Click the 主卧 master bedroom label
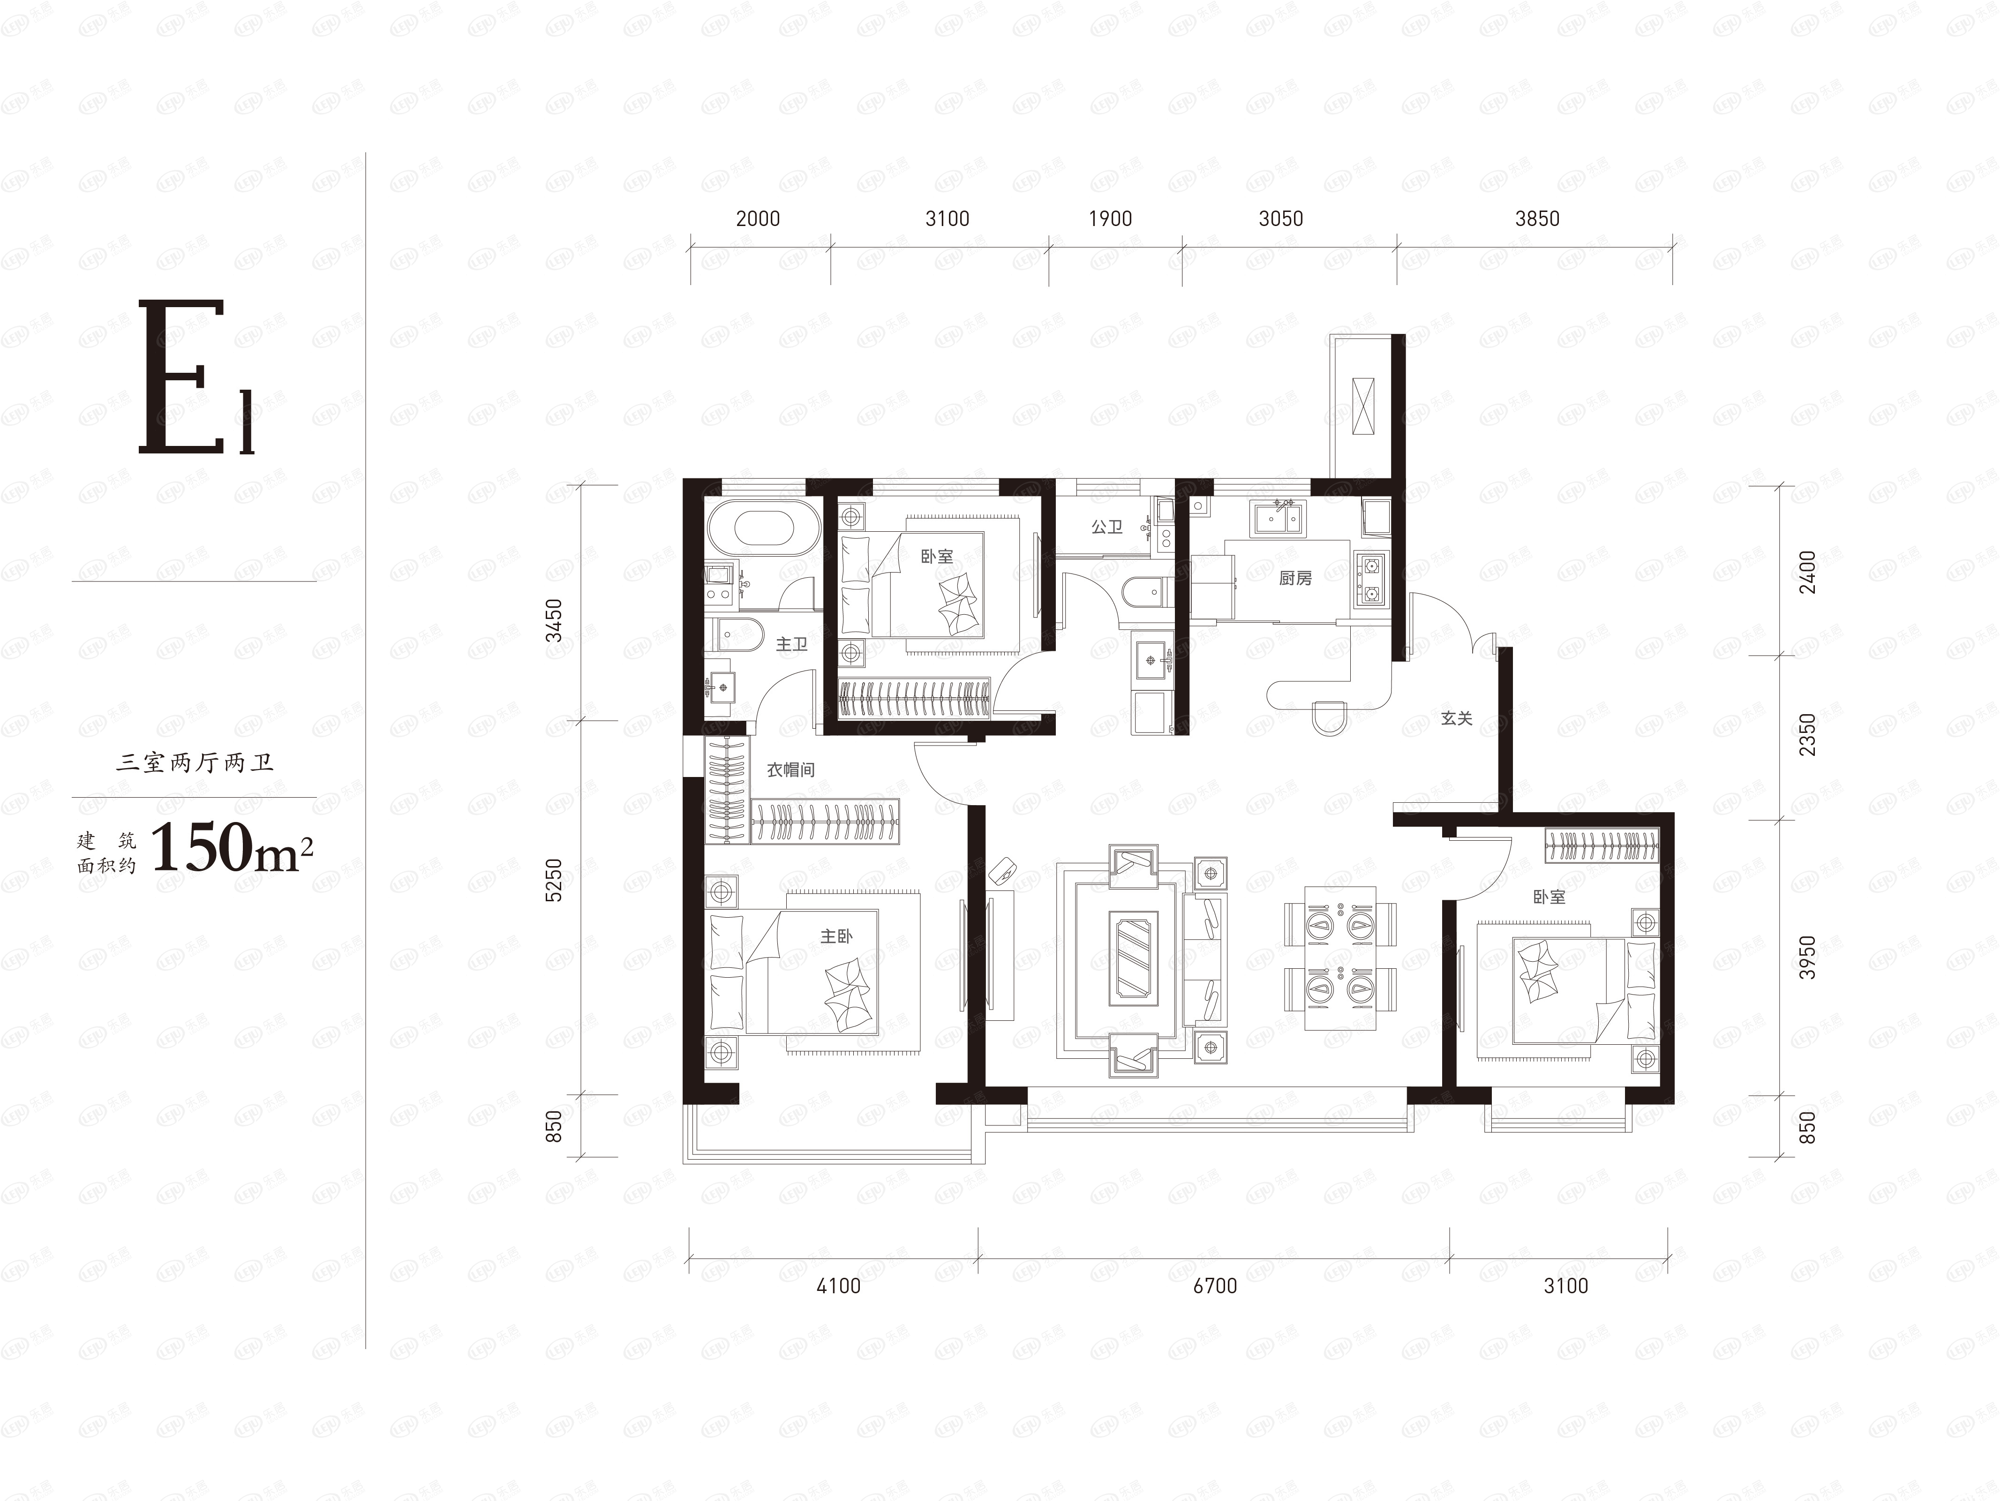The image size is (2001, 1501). [x=836, y=936]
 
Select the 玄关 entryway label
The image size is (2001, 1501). [x=1456, y=718]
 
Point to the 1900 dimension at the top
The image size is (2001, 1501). [x=1110, y=218]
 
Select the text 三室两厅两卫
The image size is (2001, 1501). [x=195, y=763]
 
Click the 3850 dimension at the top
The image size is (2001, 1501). [x=1537, y=218]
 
